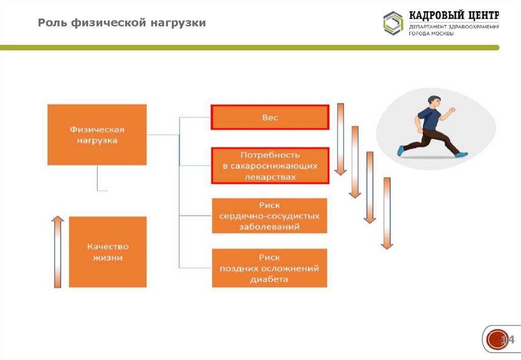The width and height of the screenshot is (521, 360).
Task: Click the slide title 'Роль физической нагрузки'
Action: pos(122,23)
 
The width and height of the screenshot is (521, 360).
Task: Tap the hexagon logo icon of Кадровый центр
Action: pos(393,23)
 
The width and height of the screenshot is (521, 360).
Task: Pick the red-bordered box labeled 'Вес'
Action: pos(270,117)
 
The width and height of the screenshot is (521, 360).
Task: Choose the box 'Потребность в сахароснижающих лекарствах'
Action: pos(270,166)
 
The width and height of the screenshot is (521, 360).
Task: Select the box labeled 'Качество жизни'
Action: pos(107,252)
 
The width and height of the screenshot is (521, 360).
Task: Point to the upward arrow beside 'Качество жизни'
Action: pos(58,251)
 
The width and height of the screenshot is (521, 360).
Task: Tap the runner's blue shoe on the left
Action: pos(401,151)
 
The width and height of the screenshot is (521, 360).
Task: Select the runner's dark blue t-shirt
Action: pos(431,120)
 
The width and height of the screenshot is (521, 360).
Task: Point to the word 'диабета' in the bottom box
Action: pos(269,279)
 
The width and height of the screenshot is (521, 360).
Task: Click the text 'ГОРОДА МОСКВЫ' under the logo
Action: pos(432,34)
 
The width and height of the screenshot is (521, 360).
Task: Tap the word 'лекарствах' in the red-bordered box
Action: pos(270,176)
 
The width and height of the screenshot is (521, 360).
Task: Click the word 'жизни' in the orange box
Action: pos(107,258)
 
